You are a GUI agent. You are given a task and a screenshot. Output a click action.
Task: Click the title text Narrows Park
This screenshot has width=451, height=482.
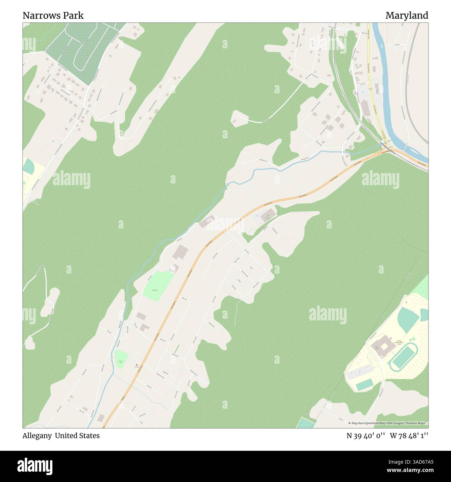click(x=53, y=16)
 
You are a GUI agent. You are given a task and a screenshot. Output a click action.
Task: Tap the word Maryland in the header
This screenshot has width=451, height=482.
click(x=407, y=16)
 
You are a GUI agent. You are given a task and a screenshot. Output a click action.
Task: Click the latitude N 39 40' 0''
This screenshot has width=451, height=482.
click(x=366, y=436)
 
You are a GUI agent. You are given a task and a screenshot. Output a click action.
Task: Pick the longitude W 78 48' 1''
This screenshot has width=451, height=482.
click(x=409, y=436)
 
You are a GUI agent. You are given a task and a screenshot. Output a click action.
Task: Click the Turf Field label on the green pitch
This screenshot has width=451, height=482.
click(x=154, y=290)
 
